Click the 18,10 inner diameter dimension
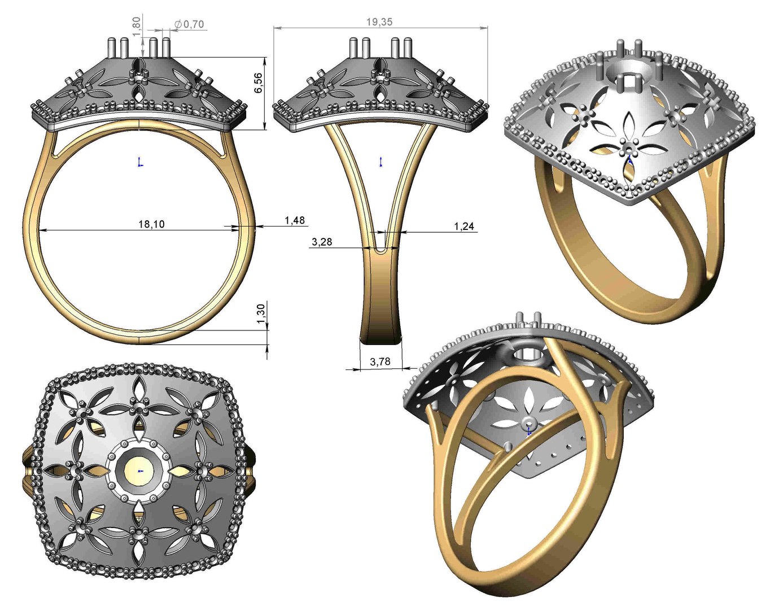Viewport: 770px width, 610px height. pos(151,224)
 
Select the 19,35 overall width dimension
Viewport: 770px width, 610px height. pos(379,22)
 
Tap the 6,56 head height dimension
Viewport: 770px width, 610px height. pos(259,83)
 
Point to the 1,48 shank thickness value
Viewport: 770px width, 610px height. pos(295,220)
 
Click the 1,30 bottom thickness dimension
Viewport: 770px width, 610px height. pos(260,313)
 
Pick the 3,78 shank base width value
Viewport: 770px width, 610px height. pos(380,361)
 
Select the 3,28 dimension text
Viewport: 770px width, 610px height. pos(322,242)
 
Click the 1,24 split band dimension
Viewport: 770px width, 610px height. pos(464,226)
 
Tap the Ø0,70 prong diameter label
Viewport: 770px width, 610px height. pos(189,24)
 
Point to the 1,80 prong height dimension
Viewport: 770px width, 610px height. pos(136,26)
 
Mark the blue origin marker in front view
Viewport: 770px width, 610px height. pos(139,163)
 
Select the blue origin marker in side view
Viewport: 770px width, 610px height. pos(381,162)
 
